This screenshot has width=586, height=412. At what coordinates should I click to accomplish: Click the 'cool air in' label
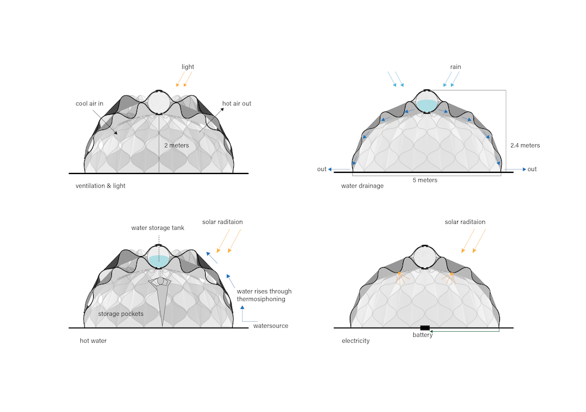click(89, 104)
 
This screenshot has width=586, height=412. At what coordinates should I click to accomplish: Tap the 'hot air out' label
click(237, 104)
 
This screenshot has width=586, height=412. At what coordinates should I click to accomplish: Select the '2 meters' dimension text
click(176, 145)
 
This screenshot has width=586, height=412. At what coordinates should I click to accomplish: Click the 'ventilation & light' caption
click(101, 186)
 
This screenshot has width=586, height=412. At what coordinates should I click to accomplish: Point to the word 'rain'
click(455, 67)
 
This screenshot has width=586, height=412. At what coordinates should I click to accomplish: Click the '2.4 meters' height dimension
click(525, 145)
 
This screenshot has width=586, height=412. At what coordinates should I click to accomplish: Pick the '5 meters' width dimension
click(425, 180)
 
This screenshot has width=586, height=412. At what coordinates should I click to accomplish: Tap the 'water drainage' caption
click(362, 186)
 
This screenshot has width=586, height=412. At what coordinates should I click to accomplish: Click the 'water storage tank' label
click(158, 227)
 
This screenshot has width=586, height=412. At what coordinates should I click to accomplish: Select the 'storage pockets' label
click(121, 314)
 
